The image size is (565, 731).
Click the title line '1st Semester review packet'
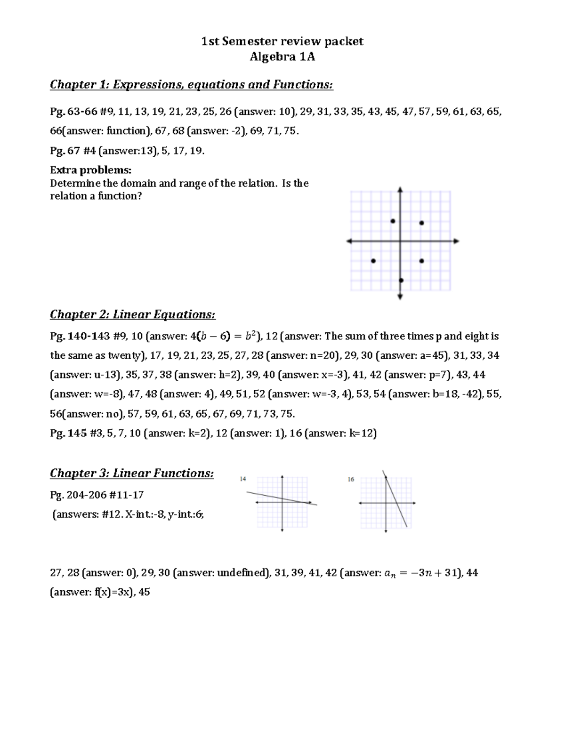pyautogui.click(x=282, y=41)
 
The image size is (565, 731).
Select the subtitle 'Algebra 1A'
pyautogui.click(x=282, y=57)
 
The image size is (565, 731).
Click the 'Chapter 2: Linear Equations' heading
pyautogui.click(x=133, y=314)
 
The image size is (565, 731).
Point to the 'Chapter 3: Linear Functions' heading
pyautogui.click(x=132, y=473)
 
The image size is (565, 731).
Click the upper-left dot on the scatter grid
pyautogui.click(x=393, y=221)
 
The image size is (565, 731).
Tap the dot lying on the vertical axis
pyautogui.click(x=401, y=280)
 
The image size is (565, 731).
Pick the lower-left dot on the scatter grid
pyautogui.click(x=373, y=261)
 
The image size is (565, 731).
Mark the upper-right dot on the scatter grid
pyautogui.click(x=421, y=223)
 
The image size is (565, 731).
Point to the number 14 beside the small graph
pyautogui.click(x=243, y=479)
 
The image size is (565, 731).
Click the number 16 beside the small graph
pyautogui.click(x=351, y=479)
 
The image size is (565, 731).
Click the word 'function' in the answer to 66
pyautogui.click(x=123, y=131)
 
